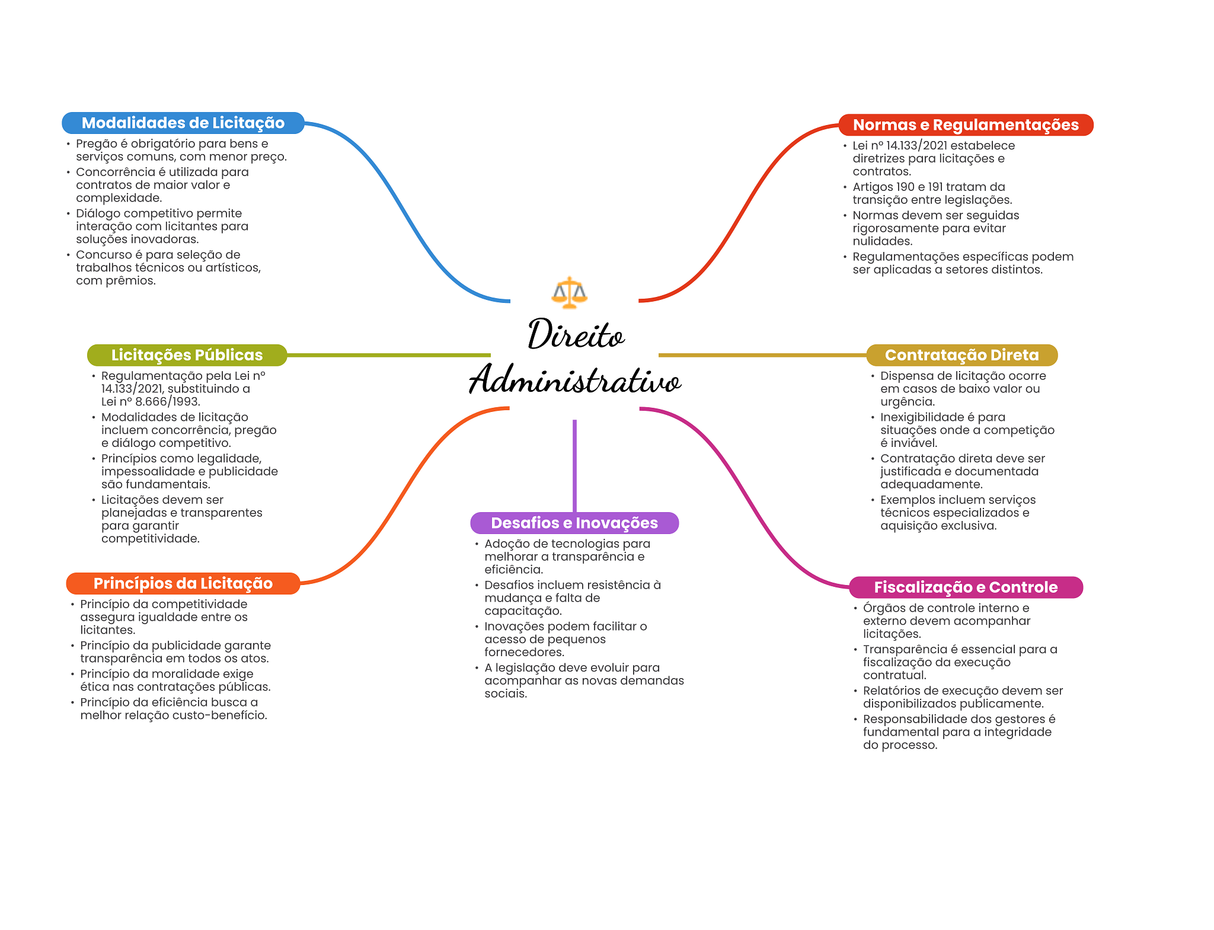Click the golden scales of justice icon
pos(569,292)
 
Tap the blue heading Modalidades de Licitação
pos(183,123)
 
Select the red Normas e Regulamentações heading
pos(965,124)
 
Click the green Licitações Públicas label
pos(187,355)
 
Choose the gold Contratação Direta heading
pos(961,355)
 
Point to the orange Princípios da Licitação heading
pos(183,583)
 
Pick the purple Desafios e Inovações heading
pos(574,523)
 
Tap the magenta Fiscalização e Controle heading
pos(965,587)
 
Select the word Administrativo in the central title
pos(574,380)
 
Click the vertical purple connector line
pos(574,465)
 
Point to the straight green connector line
pos(388,355)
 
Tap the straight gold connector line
pos(762,355)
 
